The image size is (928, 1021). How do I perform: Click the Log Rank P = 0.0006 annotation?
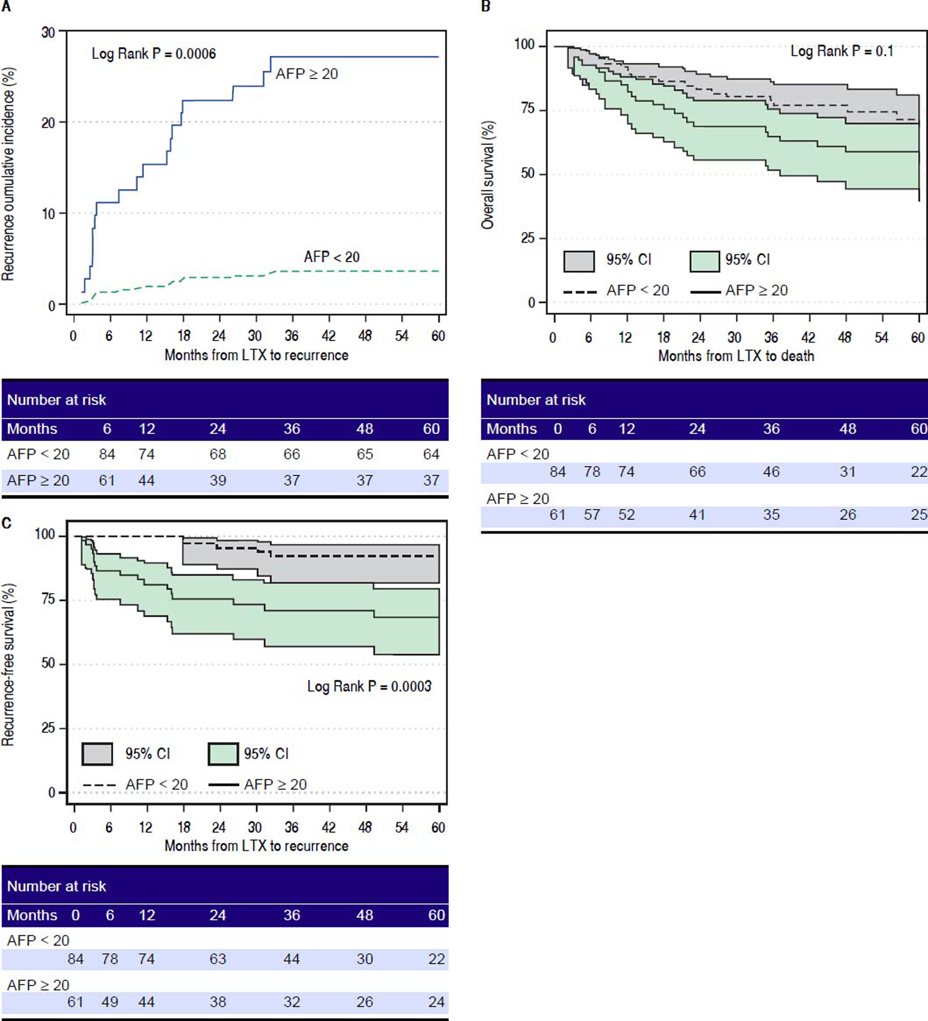coord(154,54)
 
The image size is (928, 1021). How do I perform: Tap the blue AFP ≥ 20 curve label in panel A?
coord(306,74)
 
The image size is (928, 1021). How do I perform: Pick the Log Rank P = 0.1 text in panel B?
coord(841,51)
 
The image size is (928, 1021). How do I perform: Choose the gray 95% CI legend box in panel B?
coord(579,261)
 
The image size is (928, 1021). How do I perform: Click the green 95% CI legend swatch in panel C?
coord(223,754)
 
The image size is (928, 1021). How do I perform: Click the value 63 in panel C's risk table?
coord(218,959)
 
